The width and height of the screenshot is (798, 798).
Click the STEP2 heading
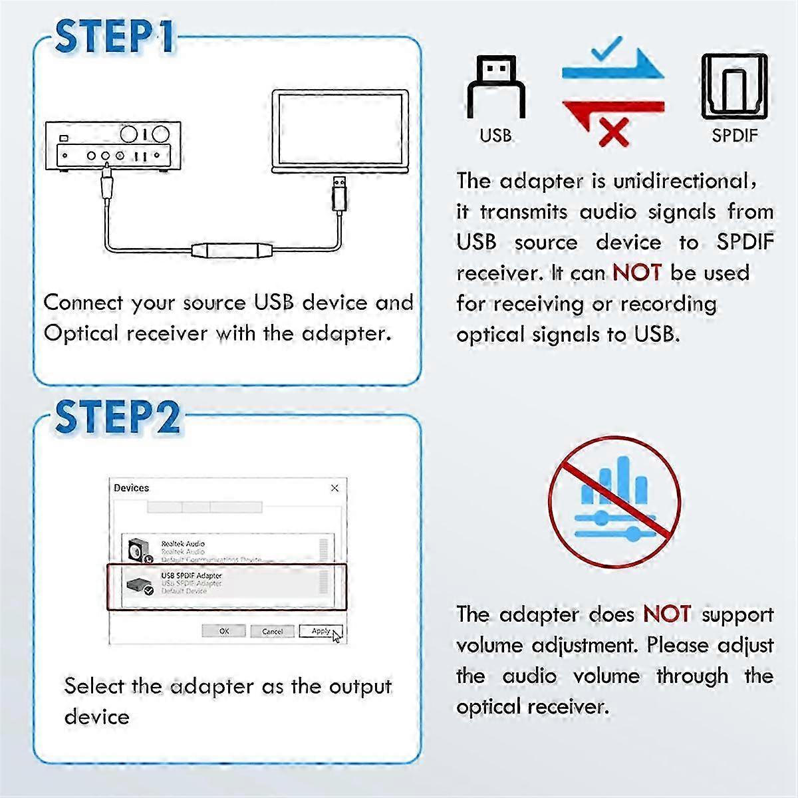tap(117, 418)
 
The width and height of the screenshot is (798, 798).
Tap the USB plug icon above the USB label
tap(495, 86)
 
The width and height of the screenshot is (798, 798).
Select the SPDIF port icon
tap(734, 87)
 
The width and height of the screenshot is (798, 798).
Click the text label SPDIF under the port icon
tap(734, 136)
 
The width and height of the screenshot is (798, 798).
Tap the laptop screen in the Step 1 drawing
tap(340, 130)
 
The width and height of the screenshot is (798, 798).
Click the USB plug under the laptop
tap(339, 193)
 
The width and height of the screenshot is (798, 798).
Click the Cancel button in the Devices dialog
tap(272, 631)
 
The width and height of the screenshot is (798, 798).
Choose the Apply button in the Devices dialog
tap(321, 631)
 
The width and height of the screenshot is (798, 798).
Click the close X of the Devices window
tap(334, 488)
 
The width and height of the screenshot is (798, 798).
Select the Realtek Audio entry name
tap(183, 544)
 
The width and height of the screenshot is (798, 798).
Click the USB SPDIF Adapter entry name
tap(192, 575)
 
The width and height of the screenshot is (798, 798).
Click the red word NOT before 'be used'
tap(637, 273)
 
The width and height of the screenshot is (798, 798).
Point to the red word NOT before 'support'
tap(667, 614)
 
